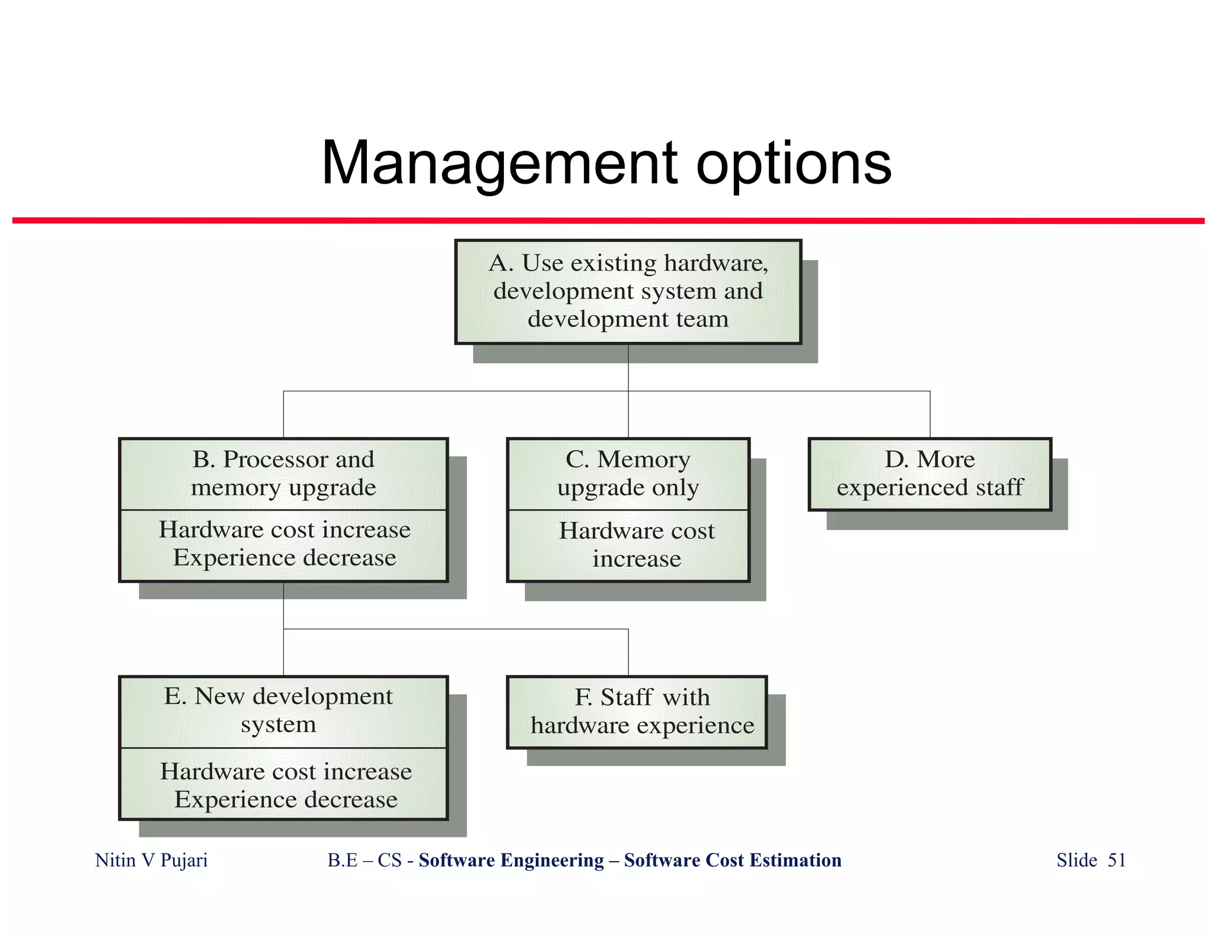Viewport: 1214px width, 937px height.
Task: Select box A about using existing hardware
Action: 628,291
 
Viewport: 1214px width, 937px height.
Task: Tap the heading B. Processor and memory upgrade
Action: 283,473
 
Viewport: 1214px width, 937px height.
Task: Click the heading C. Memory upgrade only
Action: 628,473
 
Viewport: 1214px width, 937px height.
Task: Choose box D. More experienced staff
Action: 929,474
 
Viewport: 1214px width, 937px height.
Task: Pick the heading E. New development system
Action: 279,710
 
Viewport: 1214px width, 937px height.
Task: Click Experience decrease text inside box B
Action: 285,558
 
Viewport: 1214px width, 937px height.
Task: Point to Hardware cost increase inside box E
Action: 286,771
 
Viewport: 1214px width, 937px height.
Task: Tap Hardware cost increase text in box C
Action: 637,545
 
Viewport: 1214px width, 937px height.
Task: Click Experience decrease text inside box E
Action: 286,800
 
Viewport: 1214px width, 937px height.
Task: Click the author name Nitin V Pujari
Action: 151,860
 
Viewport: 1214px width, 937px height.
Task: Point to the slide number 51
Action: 1117,860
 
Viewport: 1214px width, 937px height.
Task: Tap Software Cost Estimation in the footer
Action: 733,860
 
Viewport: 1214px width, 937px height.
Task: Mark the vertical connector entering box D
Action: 930,415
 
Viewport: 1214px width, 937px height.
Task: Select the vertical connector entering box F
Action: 628,652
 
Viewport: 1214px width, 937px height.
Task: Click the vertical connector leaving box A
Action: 628,367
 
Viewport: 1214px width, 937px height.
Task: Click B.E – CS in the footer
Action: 365,860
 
